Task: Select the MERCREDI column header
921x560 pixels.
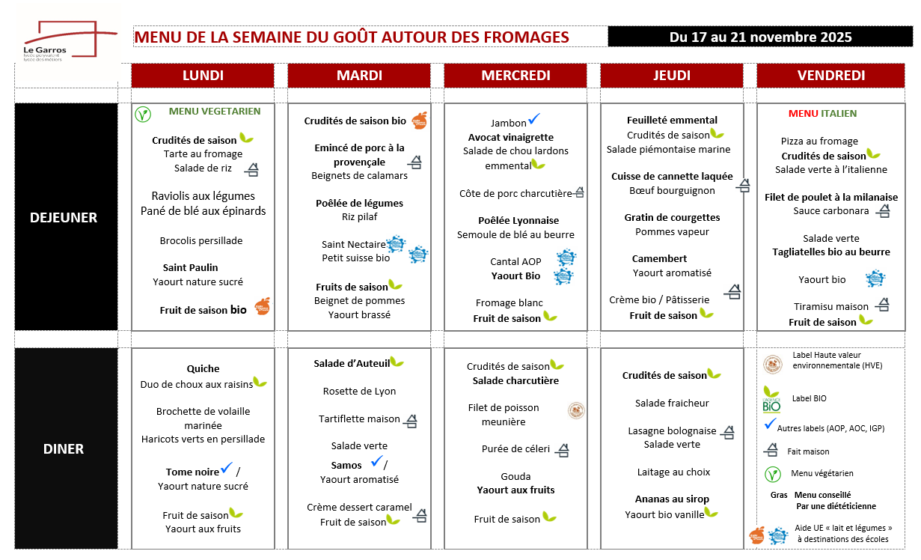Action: tap(515, 76)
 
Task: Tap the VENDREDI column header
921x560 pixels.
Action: tap(830, 76)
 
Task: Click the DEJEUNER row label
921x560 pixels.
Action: tap(64, 218)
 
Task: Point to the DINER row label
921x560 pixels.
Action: tap(64, 449)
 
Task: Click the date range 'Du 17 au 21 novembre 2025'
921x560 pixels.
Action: tap(760, 37)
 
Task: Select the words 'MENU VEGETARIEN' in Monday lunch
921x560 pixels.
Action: tap(215, 112)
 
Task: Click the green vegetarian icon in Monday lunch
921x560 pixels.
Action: tap(143, 115)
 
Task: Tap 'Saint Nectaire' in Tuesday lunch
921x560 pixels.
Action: tap(353, 244)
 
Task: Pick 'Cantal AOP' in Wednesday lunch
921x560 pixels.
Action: tap(515, 261)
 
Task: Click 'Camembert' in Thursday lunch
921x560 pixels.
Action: tap(659, 258)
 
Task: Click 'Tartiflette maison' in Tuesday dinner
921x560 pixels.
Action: tap(359, 419)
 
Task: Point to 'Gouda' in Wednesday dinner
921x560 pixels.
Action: tap(515, 476)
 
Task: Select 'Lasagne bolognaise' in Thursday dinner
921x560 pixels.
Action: tap(672, 430)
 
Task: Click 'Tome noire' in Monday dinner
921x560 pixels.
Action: tap(192, 472)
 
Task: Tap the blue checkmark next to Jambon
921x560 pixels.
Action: tap(534, 119)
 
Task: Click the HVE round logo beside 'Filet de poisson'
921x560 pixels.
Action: tap(576, 410)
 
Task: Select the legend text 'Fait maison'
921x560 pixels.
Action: tap(808, 451)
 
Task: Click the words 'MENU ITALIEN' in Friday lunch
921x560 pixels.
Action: tap(822, 114)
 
